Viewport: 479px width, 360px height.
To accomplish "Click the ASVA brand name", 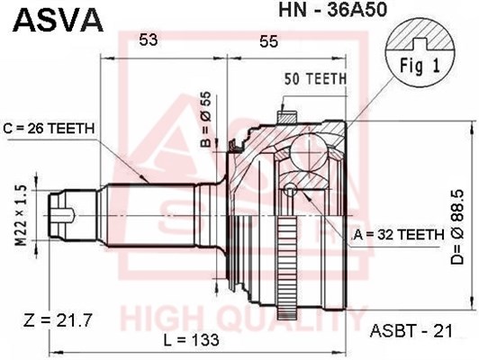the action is (x=58, y=20).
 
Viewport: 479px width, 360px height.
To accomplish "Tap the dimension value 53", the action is (x=149, y=40).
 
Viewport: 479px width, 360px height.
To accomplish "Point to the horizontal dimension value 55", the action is (x=269, y=41).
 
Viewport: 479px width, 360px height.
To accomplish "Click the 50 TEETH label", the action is (x=315, y=79).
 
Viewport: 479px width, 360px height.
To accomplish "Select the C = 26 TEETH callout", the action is (x=49, y=129).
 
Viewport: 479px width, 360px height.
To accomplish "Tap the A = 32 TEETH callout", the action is (x=399, y=235).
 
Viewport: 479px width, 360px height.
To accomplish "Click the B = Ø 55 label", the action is (x=207, y=120).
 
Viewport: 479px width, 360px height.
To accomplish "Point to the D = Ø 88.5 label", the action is (x=457, y=227).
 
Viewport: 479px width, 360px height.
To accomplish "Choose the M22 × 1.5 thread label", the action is (x=21, y=216).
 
